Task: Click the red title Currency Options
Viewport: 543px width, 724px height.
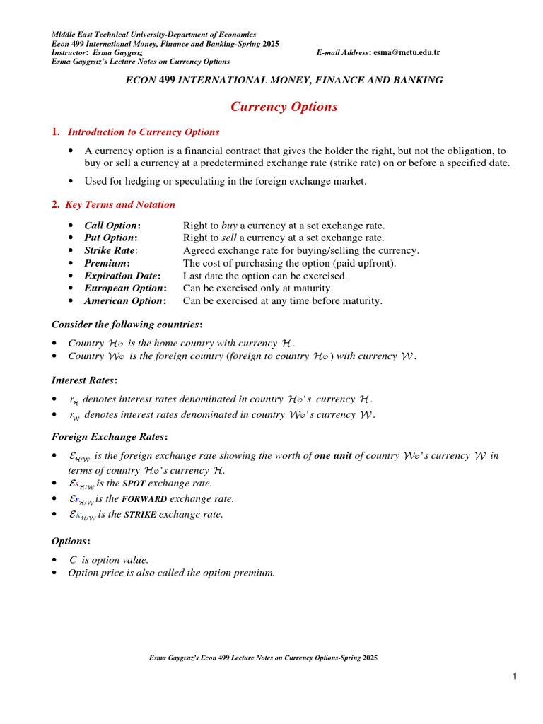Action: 284,107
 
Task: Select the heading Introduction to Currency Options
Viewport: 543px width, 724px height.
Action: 144,132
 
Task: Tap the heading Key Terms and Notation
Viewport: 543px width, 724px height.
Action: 120,205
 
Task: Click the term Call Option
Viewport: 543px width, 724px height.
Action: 112,226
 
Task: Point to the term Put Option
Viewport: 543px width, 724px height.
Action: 110,238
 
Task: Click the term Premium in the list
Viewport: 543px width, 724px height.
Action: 107,264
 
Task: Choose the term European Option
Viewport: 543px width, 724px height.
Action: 125,289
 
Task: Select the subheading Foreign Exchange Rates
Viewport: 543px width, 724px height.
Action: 109,437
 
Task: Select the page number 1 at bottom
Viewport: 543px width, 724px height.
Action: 515,677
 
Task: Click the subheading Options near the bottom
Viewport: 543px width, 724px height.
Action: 71,542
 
